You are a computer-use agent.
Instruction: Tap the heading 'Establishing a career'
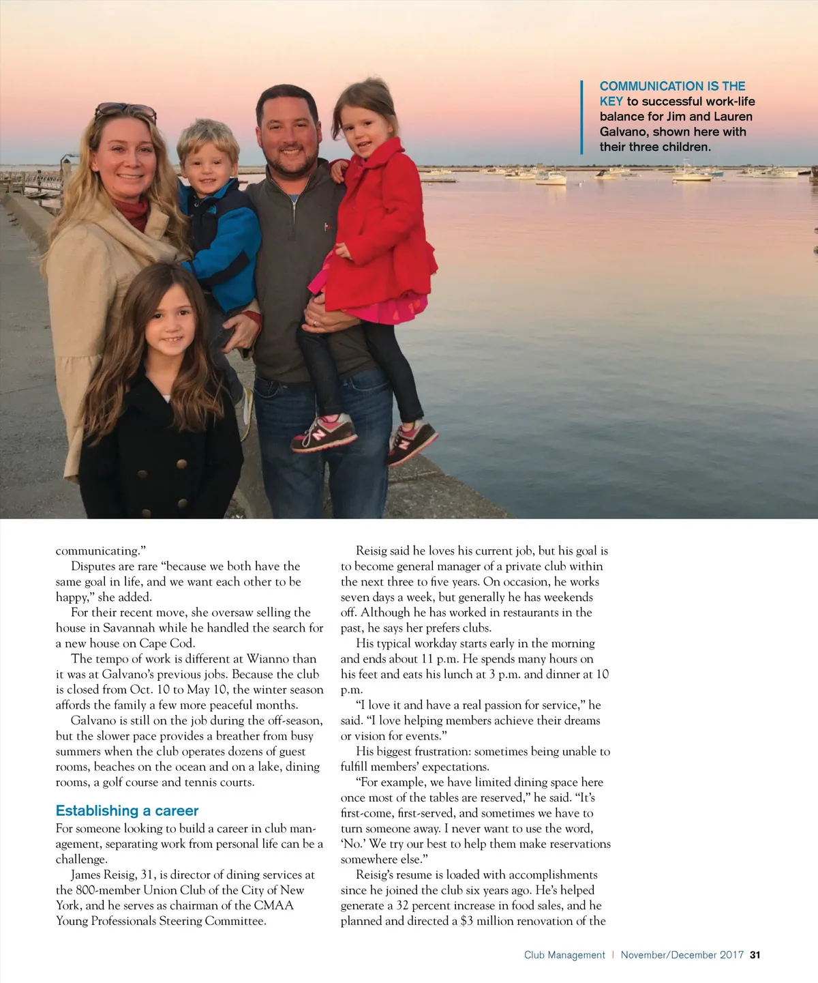click(127, 810)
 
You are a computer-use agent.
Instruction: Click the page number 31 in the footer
click(755, 955)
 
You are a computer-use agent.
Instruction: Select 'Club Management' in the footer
click(564, 955)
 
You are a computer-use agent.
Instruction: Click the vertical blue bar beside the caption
click(582, 117)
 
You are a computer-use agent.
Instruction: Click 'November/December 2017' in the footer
click(682, 955)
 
